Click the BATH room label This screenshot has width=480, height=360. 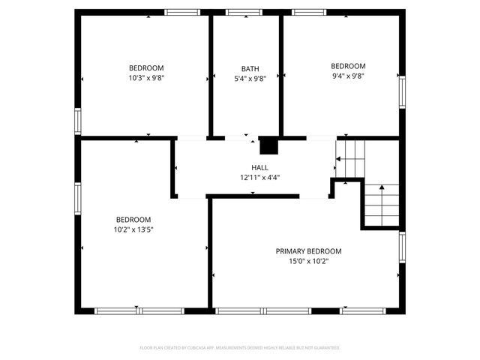point(250,68)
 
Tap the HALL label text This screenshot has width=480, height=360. point(259,167)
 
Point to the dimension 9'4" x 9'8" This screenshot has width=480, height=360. point(348,76)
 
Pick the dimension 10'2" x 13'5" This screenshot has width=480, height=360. point(133,229)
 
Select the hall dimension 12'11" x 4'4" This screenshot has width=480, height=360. point(259,178)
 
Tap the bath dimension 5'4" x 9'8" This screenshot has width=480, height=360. point(250,78)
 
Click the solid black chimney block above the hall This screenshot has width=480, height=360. point(268,145)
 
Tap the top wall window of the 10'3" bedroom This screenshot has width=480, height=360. point(177,12)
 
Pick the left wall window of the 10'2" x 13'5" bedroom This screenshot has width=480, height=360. point(77,199)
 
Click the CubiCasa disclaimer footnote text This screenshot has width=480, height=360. point(240,348)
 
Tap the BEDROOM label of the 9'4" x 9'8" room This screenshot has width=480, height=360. point(348,65)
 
